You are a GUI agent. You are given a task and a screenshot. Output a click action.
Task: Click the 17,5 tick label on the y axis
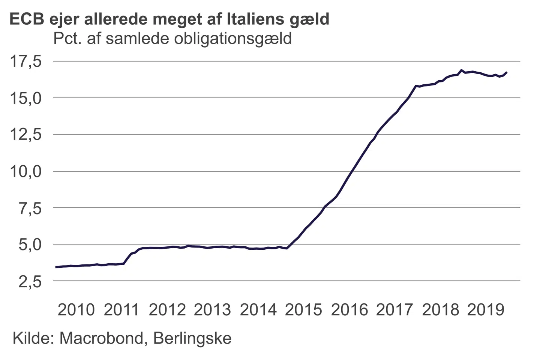25,61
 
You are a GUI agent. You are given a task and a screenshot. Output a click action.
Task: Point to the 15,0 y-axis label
25,98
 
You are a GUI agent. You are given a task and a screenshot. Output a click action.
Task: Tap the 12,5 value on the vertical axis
25,135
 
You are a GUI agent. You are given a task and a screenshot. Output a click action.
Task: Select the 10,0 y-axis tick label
25,171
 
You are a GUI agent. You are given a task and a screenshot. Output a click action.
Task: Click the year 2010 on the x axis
76,310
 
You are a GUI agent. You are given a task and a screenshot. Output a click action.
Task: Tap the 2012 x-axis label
167,310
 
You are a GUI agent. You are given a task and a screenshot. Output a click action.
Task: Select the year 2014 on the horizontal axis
258,310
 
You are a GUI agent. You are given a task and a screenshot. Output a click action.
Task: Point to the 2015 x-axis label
303,310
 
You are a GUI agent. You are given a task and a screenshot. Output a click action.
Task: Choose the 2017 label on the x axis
394,310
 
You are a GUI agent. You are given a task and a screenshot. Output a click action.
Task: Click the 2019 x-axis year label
486,310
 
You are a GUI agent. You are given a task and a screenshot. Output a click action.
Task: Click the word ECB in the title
27,19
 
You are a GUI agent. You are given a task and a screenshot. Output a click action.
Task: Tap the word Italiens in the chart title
255,19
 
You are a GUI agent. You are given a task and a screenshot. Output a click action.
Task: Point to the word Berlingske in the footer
192,338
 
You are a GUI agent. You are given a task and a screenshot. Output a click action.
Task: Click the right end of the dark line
507,72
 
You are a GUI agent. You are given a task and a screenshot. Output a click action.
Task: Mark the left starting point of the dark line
56,267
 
